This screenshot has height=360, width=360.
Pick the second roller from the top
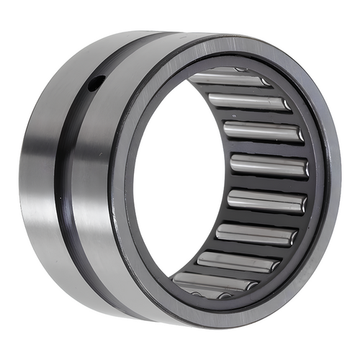pyautogui.click(x=248, y=102)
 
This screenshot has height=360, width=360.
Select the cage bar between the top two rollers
pyautogui.click(x=241, y=89)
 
